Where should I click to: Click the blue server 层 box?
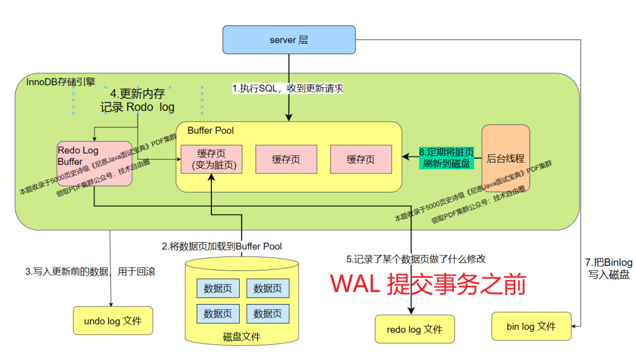click(x=289, y=40)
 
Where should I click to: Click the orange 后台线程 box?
click(x=505, y=158)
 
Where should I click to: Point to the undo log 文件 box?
click(x=113, y=321)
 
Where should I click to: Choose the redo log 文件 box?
click(x=415, y=329)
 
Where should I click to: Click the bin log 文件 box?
click(x=531, y=326)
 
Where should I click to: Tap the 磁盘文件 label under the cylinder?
click(x=241, y=337)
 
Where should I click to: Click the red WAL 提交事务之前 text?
click(x=427, y=284)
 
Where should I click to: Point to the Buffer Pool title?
click(x=210, y=130)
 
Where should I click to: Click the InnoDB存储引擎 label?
click(x=65, y=81)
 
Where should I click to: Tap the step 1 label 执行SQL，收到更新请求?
click(x=287, y=88)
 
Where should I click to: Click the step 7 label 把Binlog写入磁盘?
click(x=608, y=268)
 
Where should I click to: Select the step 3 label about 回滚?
click(x=93, y=272)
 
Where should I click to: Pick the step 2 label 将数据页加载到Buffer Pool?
click(x=222, y=246)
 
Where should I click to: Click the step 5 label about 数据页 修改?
click(x=416, y=259)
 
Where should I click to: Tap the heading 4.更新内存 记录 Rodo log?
click(x=137, y=101)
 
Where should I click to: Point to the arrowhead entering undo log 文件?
click(x=111, y=303)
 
